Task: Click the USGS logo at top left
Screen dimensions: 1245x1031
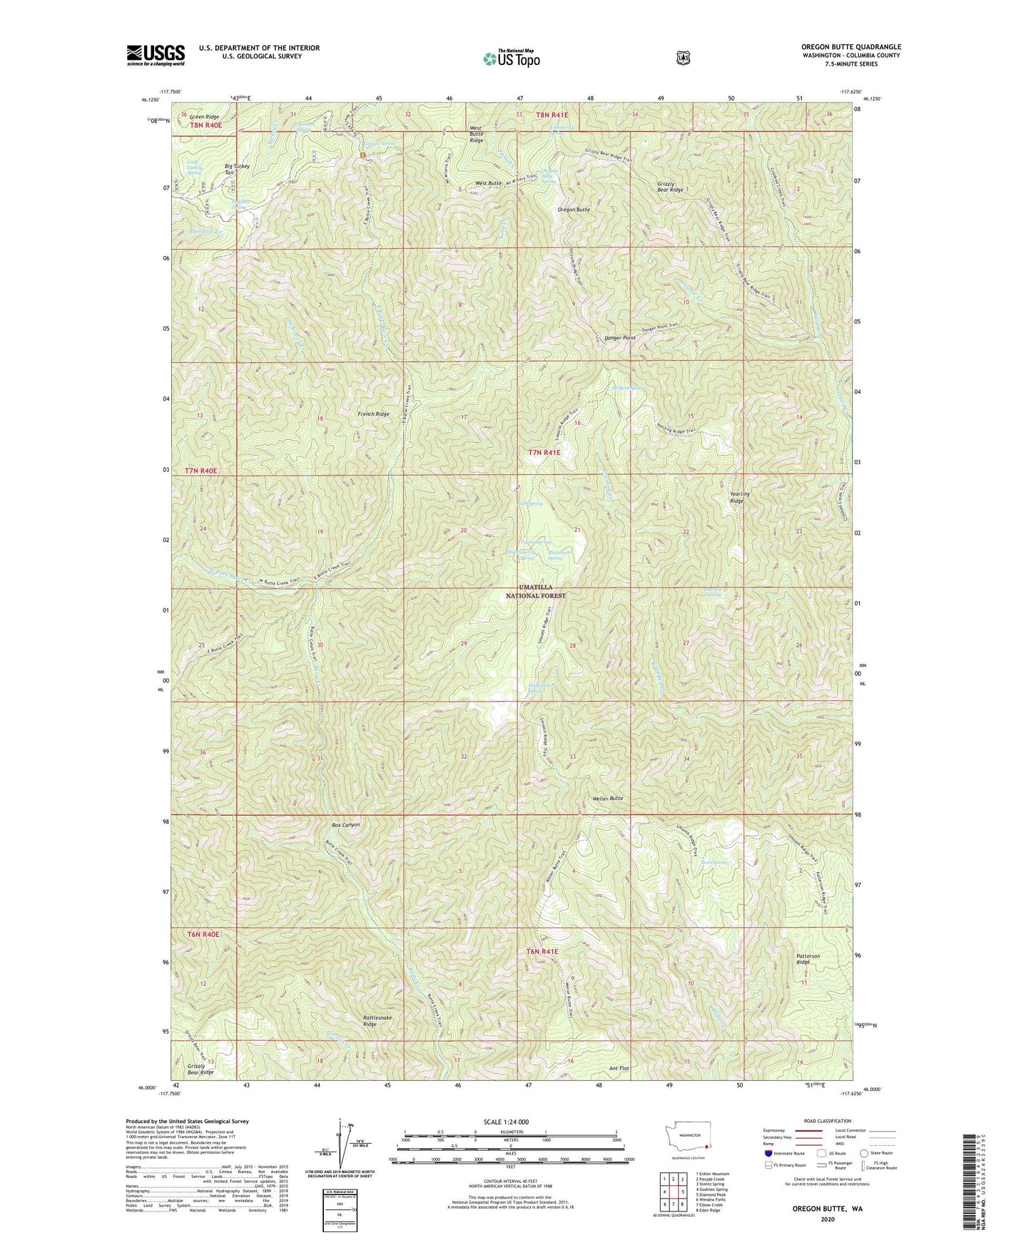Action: click(x=156, y=55)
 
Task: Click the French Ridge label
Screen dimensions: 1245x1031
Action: click(x=373, y=414)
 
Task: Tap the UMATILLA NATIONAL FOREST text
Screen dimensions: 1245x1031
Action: click(x=536, y=591)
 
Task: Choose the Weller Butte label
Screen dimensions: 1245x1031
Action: click(x=609, y=799)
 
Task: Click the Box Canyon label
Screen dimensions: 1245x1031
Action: click(x=346, y=825)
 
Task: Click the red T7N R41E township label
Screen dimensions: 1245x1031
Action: click(x=544, y=452)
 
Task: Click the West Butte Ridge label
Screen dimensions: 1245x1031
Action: click(x=476, y=135)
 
